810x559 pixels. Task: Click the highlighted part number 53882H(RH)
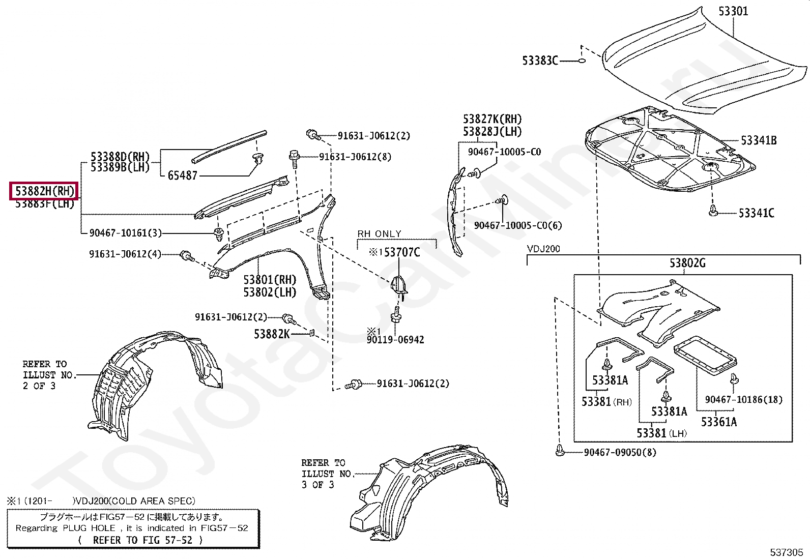click(x=44, y=191)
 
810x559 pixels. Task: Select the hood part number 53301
click(x=733, y=11)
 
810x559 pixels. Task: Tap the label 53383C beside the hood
click(x=540, y=61)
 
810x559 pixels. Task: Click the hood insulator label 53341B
click(x=758, y=140)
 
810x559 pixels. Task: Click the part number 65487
click(x=182, y=175)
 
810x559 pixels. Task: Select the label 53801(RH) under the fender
click(x=269, y=280)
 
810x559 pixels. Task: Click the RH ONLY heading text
click(x=379, y=233)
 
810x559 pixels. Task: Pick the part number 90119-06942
click(x=395, y=339)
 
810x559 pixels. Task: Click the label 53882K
click(x=271, y=334)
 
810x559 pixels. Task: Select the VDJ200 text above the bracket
click(x=543, y=249)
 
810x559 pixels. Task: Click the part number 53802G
click(x=687, y=263)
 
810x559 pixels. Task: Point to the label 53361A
click(x=718, y=422)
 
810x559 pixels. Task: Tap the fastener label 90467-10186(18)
click(x=743, y=400)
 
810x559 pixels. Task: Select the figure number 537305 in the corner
click(x=787, y=552)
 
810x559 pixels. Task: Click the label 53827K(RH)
click(x=492, y=120)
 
